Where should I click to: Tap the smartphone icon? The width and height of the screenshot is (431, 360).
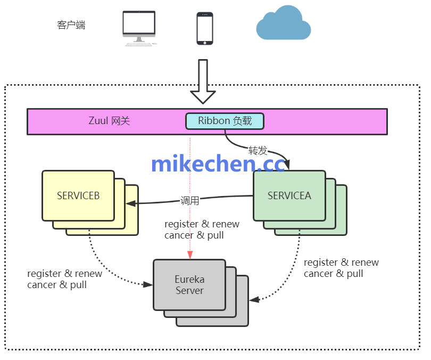pos(205,29)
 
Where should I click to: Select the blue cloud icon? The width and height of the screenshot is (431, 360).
pos(283,23)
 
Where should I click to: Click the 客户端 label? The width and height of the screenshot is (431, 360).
pos(71,25)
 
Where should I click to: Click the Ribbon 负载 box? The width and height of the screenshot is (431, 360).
pos(225,121)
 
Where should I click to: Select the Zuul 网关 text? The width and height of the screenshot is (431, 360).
pos(109,121)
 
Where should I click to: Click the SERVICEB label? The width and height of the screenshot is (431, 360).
pos(78,195)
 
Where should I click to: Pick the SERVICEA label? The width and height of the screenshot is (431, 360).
pos(289,195)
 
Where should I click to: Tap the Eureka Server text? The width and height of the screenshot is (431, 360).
pos(189,285)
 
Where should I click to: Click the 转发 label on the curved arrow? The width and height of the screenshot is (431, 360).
pos(258,151)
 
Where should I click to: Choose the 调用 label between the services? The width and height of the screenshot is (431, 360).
pos(190,201)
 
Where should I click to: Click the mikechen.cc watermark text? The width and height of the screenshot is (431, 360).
pos(219,164)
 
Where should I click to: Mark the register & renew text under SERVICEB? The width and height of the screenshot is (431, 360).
pos(65,274)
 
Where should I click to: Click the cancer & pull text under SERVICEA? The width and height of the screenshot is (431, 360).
pos(334,274)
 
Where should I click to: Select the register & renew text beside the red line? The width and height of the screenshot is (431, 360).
pos(202,224)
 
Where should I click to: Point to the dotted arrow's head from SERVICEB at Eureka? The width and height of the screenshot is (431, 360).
pos(149,285)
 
